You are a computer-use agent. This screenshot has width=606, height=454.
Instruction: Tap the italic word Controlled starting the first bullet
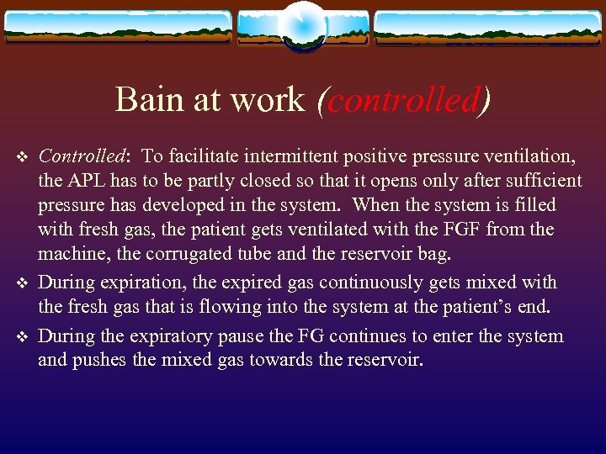pos(82,156)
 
